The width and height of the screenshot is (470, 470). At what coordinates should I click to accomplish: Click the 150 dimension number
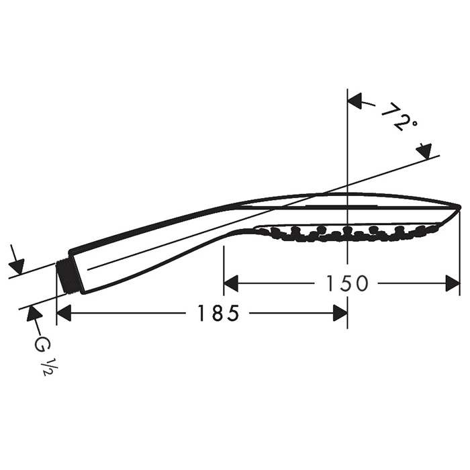346,283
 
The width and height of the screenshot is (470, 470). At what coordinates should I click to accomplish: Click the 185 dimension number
218,314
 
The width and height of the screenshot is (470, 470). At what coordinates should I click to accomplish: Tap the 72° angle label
399,117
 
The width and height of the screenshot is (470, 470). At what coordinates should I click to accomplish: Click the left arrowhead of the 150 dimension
231,283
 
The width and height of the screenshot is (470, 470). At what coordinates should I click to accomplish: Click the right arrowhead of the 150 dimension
453,283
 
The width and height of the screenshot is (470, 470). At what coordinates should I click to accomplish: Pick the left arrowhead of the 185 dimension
64,314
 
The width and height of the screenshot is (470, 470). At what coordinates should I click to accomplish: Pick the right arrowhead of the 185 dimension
340,314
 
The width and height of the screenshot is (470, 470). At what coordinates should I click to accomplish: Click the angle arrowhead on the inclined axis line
425,151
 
